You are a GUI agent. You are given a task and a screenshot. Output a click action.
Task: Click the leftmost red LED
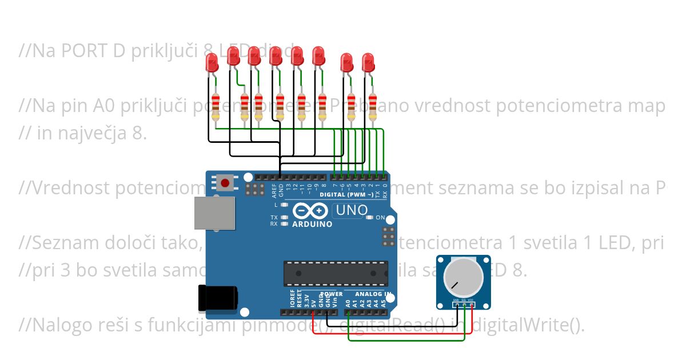tap(212, 63)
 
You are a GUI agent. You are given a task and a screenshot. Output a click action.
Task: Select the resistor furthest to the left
tap(216, 107)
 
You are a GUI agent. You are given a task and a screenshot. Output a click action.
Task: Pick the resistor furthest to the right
tap(373, 107)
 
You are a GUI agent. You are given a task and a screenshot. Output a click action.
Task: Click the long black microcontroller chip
tap(336, 273)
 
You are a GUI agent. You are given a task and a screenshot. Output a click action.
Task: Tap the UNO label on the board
tap(351, 210)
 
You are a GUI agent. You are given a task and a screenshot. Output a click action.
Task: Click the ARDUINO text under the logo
tap(312, 224)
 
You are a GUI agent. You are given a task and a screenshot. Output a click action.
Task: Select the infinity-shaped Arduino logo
tap(312, 211)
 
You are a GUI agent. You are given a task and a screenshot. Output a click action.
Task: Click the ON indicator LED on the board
tap(369, 218)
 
